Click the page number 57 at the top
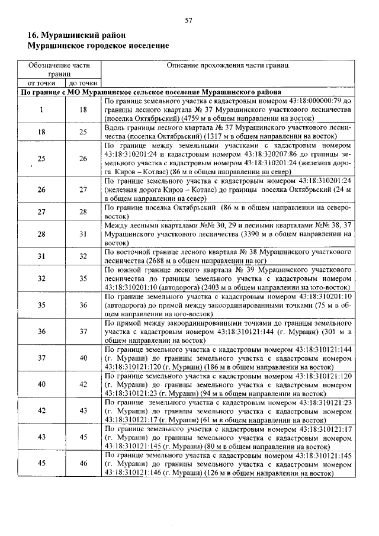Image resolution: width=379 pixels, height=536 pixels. (x=189, y=20)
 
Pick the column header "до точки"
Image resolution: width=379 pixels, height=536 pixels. (x=83, y=84)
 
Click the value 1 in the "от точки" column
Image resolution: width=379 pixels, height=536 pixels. (x=41, y=110)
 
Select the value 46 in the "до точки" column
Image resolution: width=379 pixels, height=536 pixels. (x=83, y=464)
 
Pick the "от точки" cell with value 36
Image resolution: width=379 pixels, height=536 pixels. (x=41, y=332)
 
